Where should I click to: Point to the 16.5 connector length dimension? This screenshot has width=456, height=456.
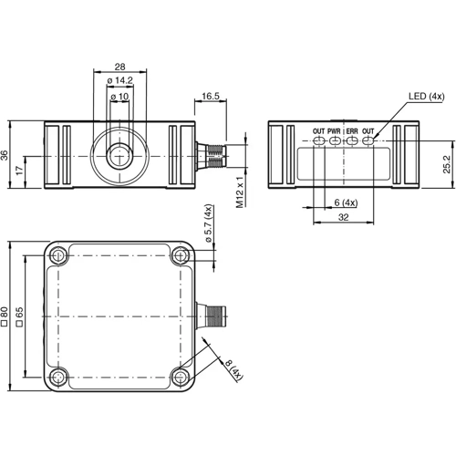210,96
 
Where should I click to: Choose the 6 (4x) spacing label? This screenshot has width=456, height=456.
347,202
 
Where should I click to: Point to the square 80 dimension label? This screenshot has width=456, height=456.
5,316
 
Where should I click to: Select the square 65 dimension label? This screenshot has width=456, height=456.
19,316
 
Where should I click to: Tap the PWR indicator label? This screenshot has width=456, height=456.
335,132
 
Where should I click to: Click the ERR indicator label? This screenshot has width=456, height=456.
352,132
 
